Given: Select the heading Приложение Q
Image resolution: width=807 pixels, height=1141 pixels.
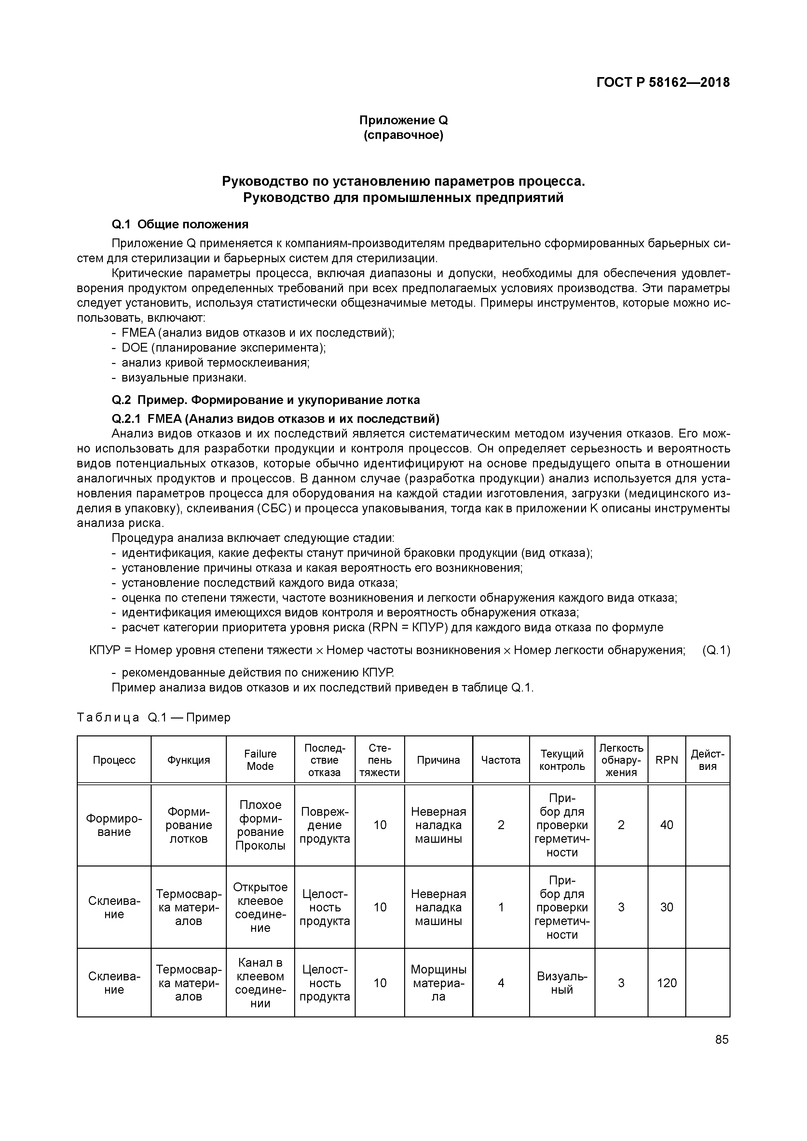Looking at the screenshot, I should point(403,120).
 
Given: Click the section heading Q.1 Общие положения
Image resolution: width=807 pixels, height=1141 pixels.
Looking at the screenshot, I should point(180,225).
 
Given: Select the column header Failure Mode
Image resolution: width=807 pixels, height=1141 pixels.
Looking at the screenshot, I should point(260,760).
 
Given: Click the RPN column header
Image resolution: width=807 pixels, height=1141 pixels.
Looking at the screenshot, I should point(666,760).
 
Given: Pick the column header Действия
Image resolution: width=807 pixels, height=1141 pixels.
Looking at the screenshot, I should point(707,760).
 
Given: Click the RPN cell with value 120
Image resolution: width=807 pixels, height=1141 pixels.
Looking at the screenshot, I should point(666,983).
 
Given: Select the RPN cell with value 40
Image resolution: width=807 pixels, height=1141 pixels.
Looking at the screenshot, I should point(666,825).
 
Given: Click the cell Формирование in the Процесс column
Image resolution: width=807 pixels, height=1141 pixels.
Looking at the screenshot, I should point(114,825).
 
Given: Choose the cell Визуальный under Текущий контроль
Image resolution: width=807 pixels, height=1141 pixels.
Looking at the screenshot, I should point(562,983).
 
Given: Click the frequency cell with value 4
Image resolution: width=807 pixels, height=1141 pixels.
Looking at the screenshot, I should point(501,983).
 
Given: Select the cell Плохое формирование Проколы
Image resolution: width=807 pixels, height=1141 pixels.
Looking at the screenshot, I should point(260,825).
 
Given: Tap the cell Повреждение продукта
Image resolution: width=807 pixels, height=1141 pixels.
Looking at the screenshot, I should point(325,825).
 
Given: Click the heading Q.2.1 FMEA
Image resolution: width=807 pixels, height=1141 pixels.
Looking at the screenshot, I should point(276,417).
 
